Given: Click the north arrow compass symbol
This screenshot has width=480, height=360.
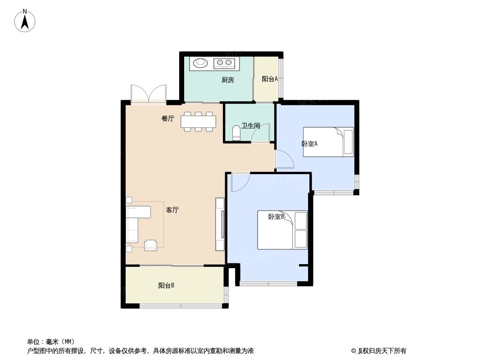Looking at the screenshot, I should point(26,21).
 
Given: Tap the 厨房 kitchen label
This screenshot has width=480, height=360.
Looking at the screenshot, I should point(228,81).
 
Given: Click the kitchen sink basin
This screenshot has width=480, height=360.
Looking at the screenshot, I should point(201,63).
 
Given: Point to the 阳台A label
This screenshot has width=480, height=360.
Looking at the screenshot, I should point(269,79).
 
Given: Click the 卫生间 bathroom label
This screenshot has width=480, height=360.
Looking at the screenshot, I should point(250,126).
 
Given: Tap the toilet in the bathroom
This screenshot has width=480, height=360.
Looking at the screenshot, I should point(236,133).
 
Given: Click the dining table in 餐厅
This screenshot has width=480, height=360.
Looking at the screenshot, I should point(198,121).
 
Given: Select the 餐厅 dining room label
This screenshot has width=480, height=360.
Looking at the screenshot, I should point(168,119).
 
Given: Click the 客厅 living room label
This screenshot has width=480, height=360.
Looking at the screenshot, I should point(172,210).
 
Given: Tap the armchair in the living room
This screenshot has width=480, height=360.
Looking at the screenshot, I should point(150,244).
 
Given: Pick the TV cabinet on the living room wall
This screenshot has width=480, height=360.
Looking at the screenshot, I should point(220,224).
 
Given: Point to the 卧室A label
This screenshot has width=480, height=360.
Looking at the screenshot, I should point(310,144).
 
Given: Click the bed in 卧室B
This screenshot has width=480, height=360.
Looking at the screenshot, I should point(282,229).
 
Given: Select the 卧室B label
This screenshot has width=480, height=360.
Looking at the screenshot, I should point(276,217).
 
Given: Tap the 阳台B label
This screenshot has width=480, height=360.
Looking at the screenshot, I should point(166,285).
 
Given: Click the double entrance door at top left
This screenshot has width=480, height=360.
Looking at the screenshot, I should point(148,93).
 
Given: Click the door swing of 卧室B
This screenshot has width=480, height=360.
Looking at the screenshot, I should point(240,182).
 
